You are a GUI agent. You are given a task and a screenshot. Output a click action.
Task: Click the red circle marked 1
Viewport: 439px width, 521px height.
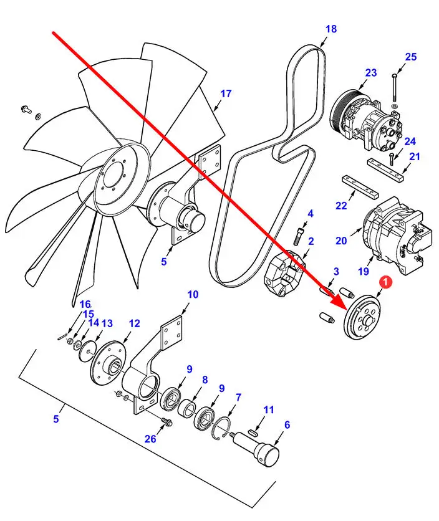pos(385,283)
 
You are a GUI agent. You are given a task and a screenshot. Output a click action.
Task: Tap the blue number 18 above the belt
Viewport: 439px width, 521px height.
pos(330,29)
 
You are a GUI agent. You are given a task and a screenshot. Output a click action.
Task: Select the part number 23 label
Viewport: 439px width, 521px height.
pos(371,73)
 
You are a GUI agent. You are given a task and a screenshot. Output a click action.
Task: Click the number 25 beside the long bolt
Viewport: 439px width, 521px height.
pos(410,57)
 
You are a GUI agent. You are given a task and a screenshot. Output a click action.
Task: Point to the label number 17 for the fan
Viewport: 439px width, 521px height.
pos(226,93)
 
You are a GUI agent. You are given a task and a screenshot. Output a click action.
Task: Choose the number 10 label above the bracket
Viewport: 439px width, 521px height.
pos(193,294)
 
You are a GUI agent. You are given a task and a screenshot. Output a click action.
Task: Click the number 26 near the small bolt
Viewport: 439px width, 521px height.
pos(150,439)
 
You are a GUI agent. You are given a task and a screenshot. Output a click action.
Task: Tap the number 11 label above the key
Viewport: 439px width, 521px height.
pos(269,409)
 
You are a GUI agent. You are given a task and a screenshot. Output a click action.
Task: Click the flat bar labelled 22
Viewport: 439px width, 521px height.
pos(359,184)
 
